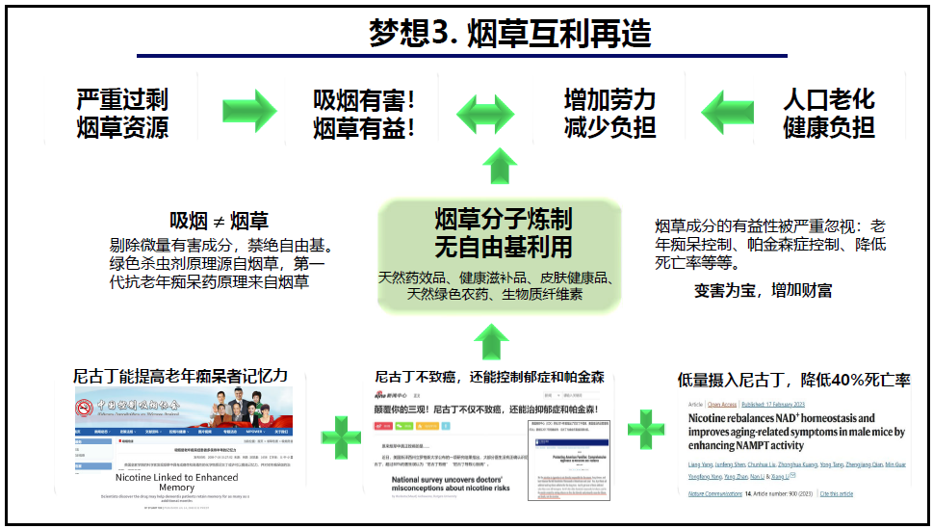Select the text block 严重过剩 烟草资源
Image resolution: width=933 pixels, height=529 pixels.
[122, 113]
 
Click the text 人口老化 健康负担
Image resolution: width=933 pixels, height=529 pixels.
[829, 113]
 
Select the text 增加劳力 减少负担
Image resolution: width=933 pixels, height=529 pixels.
[609, 113]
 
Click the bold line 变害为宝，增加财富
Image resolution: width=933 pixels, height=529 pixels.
[764, 290]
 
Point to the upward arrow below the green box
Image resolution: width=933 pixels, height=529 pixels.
[491, 342]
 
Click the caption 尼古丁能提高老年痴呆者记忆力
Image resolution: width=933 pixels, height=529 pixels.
[181, 376]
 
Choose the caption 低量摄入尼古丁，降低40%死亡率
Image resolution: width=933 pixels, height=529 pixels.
[793, 380]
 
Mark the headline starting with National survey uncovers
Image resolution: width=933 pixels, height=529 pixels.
[453, 483]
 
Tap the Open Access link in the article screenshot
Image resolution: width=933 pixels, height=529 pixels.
[721, 404]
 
